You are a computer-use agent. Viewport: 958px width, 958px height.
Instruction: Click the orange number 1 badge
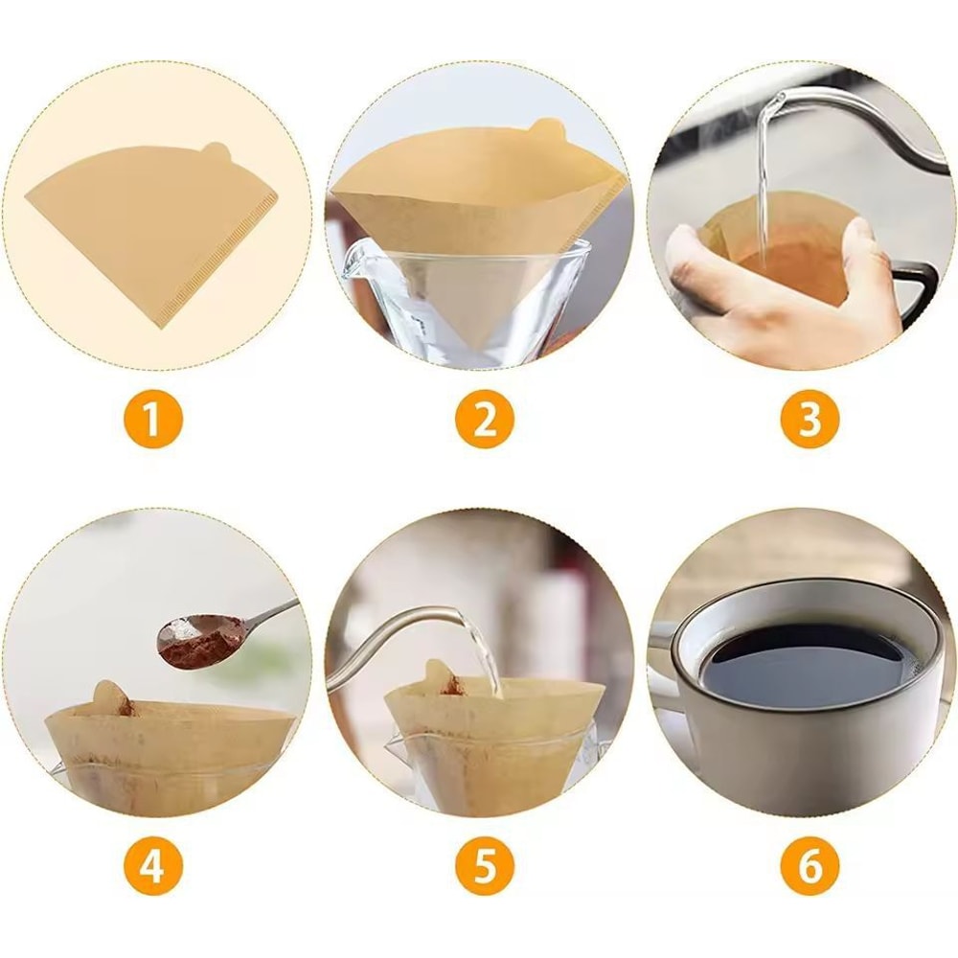tap(152, 421)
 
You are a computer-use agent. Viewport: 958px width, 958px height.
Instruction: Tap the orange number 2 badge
tap(485, 421)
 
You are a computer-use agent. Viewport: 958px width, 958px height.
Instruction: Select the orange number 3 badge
tap(810, 421)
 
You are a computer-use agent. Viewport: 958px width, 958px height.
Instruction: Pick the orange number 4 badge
tap(152, 868)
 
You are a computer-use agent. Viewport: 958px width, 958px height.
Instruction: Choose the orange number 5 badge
tap(485, 868)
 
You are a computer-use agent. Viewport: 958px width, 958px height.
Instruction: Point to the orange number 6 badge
tap(810, 868)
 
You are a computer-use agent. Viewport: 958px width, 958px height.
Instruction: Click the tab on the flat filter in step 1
tap(217, 152)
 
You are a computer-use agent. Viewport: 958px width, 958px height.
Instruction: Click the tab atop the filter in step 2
tap(546, 128)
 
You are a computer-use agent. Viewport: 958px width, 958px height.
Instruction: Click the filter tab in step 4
tap(111, 697)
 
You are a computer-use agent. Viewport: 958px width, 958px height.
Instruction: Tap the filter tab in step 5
tap(441, 676)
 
